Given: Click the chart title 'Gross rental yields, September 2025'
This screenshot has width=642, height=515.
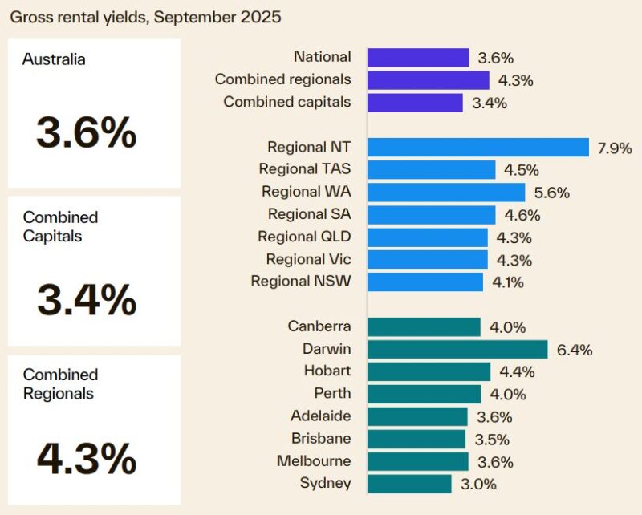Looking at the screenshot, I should coord(145,17).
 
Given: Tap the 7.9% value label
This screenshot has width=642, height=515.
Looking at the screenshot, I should coord(615,148).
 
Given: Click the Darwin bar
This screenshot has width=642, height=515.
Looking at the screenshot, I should coord(457,349).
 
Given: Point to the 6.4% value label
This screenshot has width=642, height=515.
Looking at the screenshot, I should coord(574,350).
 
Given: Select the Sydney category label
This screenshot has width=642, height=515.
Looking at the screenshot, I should coord(325,483).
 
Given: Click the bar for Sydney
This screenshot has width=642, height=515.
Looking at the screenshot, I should coord(409,484).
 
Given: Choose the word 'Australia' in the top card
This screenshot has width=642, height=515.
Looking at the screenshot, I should coord(54,59).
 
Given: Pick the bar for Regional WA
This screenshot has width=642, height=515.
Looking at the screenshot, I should coord(446,192).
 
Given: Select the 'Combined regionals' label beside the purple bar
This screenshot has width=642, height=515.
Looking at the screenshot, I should coord(282,79).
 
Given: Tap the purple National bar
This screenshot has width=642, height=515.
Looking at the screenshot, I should coord(418,57).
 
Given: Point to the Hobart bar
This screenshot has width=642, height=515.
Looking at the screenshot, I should coord(429,371).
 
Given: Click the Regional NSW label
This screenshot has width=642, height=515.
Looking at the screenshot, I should coord(301,282).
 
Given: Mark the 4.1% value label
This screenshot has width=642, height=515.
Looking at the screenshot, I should coord(508,282).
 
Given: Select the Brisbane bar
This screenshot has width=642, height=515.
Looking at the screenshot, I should coord(416,439).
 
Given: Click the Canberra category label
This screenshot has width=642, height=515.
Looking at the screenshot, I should coord(319,326).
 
